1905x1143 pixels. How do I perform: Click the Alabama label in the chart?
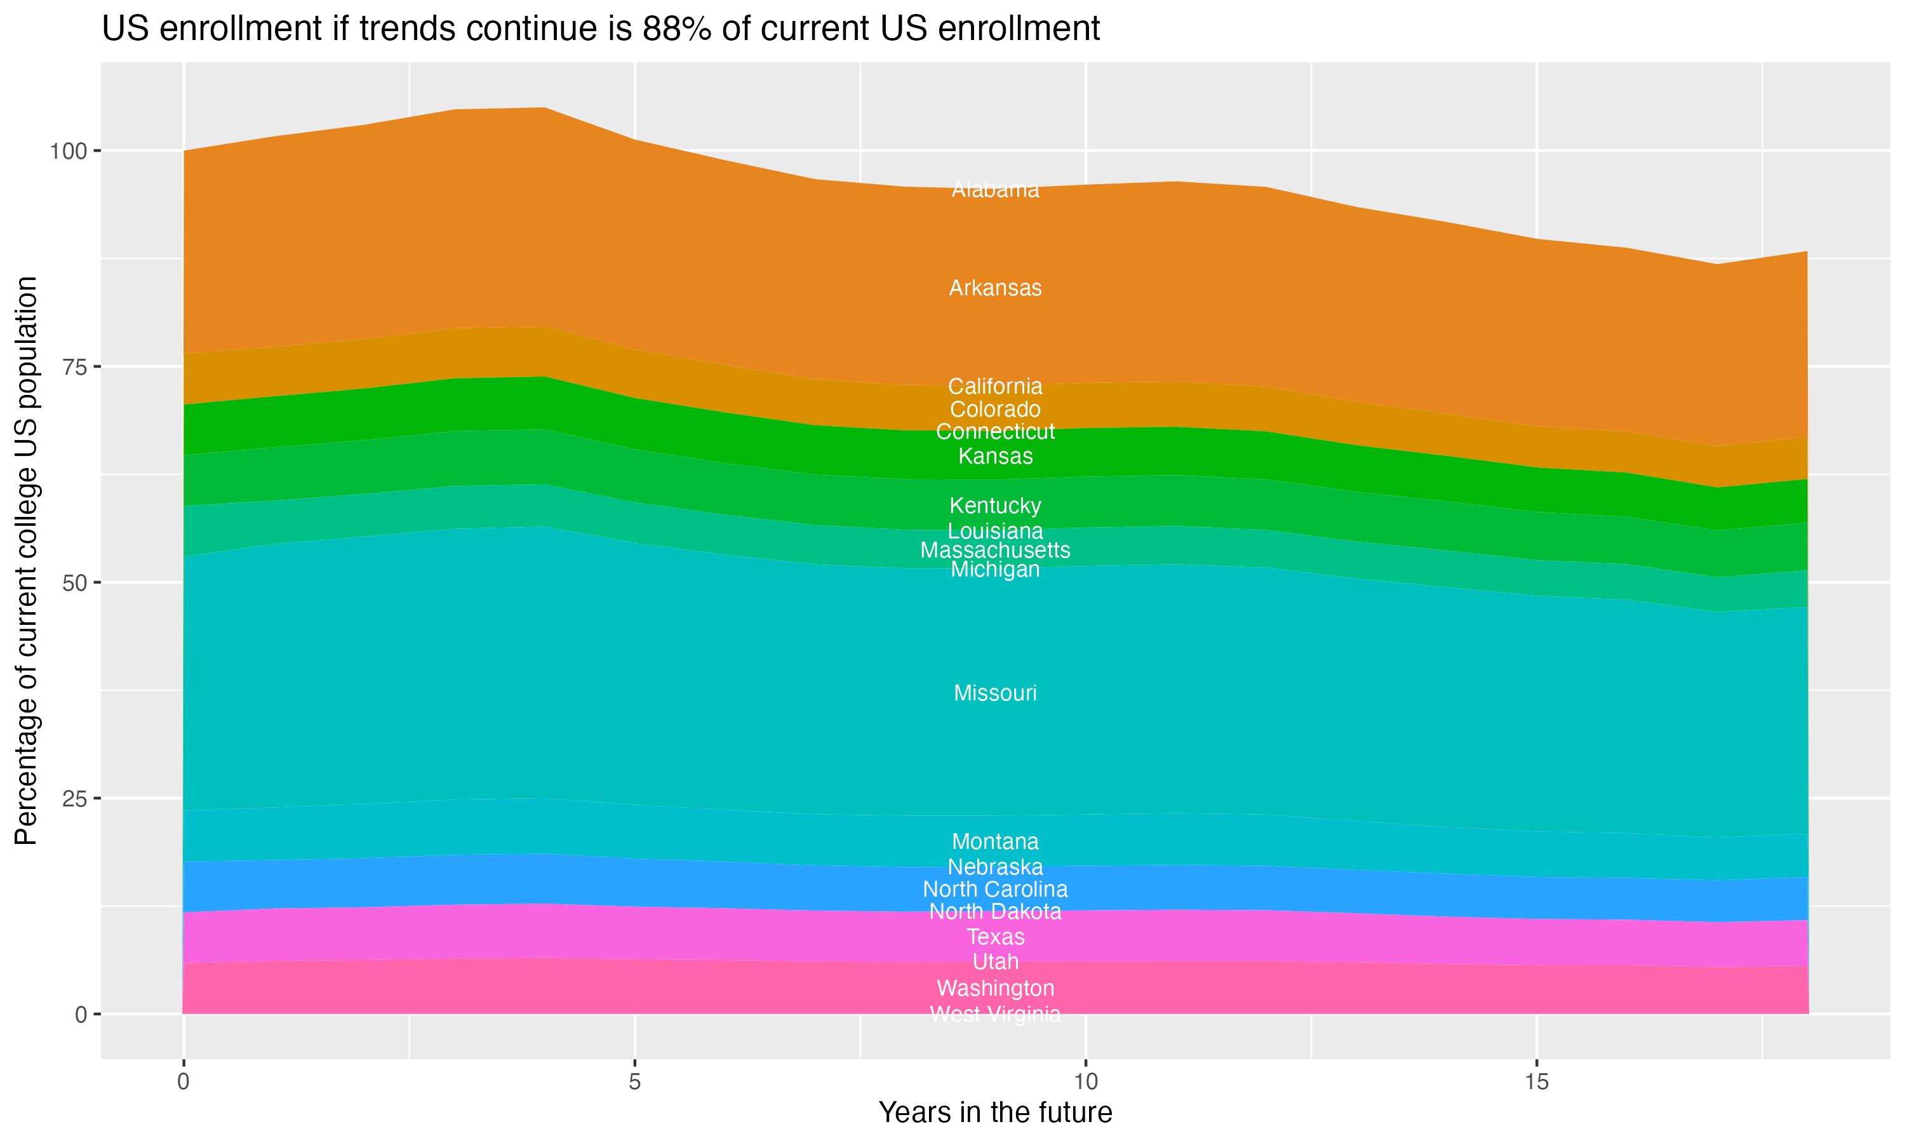[x=995, y=189]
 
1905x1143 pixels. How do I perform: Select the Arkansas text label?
[x=995, y=288]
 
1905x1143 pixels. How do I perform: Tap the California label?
[x=995, y=386]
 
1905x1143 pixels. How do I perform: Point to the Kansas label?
[x=995, y=456]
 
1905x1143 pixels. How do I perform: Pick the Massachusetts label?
[x=995, y=550]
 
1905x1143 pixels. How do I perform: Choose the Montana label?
[x=995, y=841]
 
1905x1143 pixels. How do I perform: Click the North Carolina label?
[x=995, y=889]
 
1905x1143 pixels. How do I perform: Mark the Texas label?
[x=995, y=937]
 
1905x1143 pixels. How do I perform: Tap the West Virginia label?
[x=995, y=1014]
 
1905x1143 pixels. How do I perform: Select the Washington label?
[x=995, y=988]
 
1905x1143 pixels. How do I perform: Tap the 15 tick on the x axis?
[x=1536, y=1082]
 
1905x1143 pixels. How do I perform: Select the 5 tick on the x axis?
[x=634, y=1082]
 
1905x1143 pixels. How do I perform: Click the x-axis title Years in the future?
[x=995, y=1112]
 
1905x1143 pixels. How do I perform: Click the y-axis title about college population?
[x=26, y=561]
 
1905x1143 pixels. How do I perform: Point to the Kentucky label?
[x=995, y=505]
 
